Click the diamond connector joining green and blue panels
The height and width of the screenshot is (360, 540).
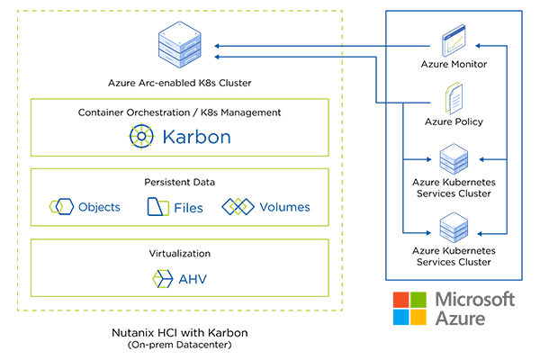[x=344, y=49]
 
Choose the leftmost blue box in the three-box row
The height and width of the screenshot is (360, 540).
[x=90, y=203]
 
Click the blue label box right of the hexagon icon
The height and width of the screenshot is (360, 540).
[x=202, y=136]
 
